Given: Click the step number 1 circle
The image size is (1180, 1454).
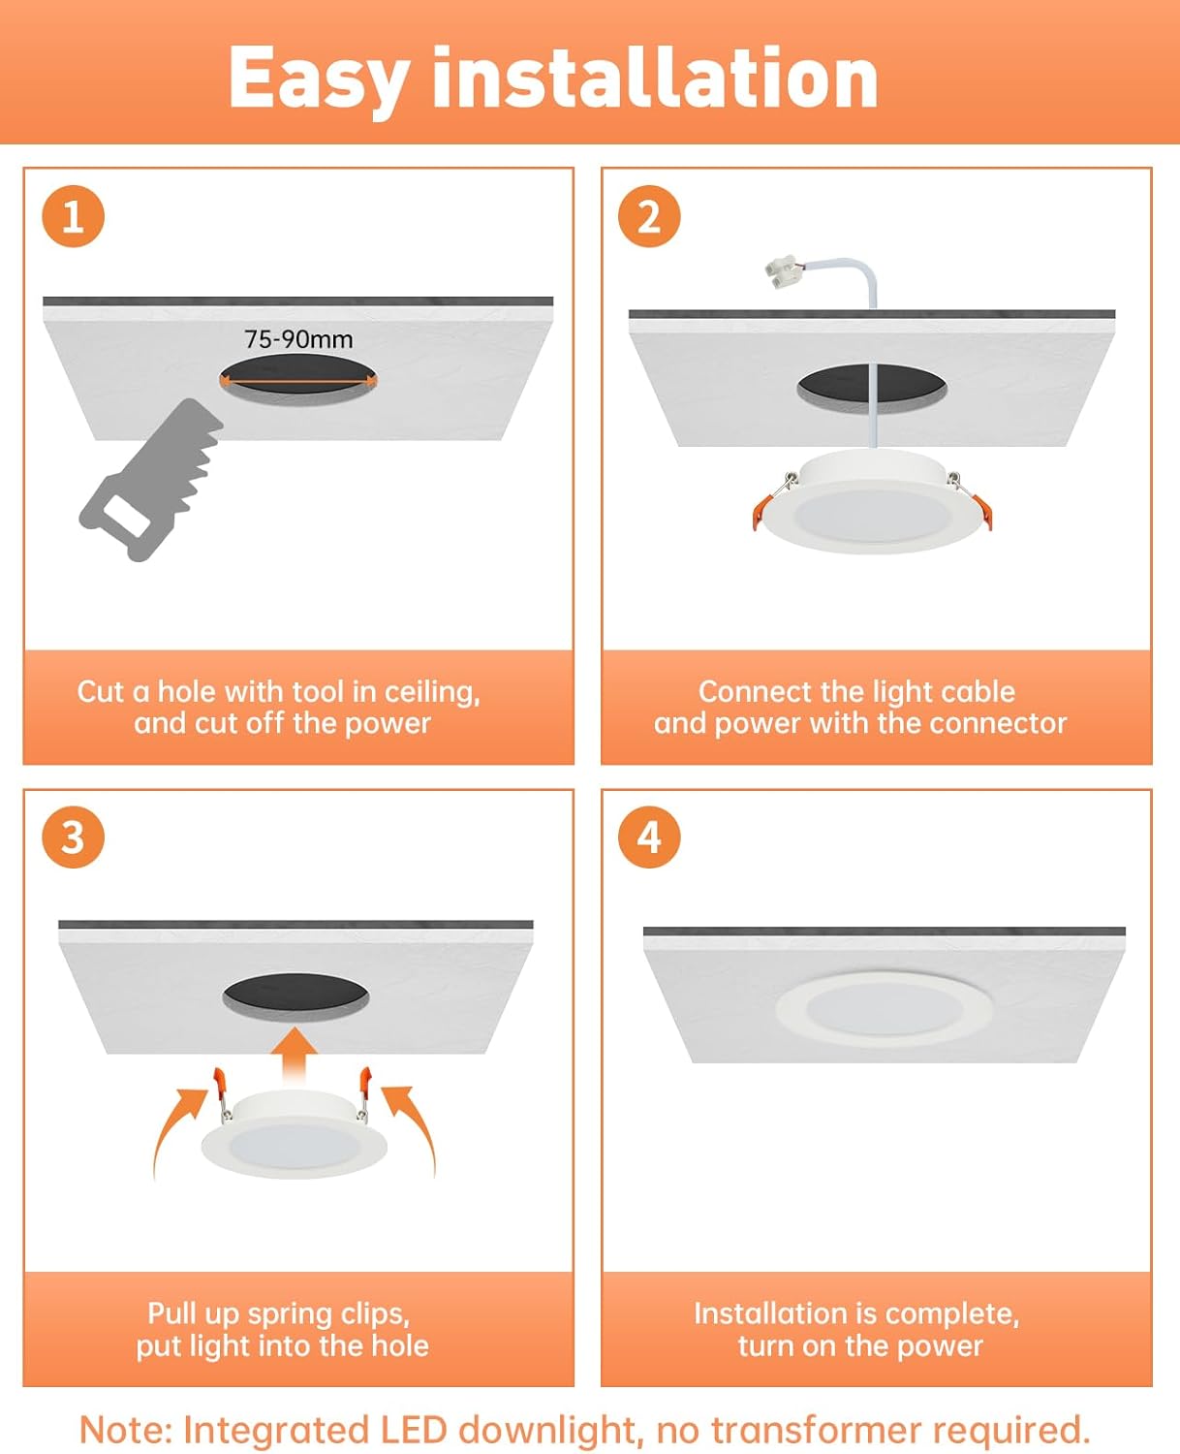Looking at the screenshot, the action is pos(73,216).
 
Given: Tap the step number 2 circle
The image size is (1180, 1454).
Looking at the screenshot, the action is pos(649,216).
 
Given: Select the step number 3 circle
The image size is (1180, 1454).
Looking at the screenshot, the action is pos(73,837).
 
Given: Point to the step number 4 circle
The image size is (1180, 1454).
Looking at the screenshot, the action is pos(649,837).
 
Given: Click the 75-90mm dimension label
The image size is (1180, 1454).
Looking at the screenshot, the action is pos(298,339).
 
